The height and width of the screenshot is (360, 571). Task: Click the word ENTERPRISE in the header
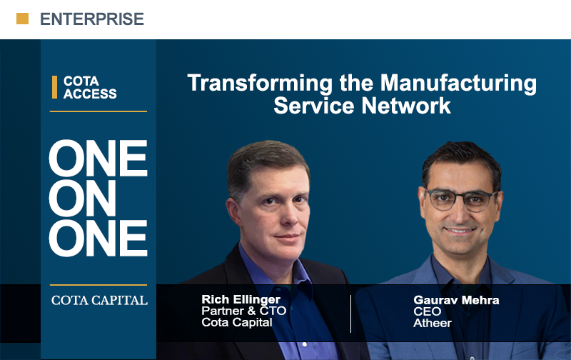click(x=92, y=19)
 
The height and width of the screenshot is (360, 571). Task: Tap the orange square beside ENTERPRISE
click(x=23, y=19)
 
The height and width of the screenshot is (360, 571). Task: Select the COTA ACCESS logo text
click(x=90, y=87)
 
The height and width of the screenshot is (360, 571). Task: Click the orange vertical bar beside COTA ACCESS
click(x=55, y=87)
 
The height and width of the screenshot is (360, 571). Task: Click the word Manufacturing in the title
click(x=458, y=84)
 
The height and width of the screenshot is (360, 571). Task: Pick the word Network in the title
click(x=406, y=106)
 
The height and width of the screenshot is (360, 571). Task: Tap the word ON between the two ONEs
click(x=82, y=199)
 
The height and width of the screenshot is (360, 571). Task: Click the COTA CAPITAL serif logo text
click(x=99, y=300)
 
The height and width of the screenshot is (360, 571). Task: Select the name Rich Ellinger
click(x=241, y=299)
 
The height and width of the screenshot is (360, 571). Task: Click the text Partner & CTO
click(x=243, y=311)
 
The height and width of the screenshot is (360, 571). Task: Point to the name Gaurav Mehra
click(x=456, y=300)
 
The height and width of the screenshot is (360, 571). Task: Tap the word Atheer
click(x=433, y=323)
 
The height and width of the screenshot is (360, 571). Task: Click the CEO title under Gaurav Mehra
click(x=427, y=311)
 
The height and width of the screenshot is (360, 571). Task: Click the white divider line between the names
click(x=350, y=314)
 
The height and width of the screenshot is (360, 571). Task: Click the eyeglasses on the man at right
click(x=461, y=200)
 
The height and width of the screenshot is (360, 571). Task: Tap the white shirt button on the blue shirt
click(x=305, y=344)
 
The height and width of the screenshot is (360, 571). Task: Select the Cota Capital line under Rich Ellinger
click(x=237, y=322)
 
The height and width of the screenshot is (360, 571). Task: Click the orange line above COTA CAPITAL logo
click(x=98, y=285)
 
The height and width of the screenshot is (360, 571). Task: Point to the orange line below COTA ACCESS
click(x=98, y=111)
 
